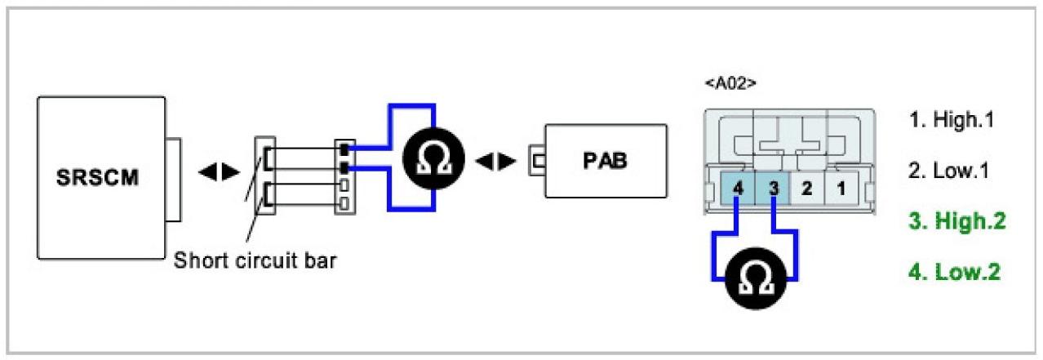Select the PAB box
point(606,161)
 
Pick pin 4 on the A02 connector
point(738,189)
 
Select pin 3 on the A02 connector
point(772,189)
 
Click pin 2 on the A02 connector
point(806,189)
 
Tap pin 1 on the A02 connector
point(840,189)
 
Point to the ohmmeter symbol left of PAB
point(434,158)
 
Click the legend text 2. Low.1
point(949,172)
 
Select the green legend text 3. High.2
point(956,221)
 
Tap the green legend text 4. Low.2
point(954,271)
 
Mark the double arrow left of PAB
point(495,160)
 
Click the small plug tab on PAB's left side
point(537,161)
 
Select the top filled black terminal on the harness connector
point(345,149)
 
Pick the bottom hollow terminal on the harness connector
point(345,202)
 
